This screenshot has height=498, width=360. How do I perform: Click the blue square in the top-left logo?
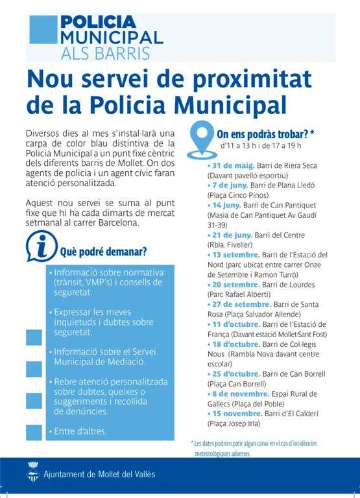pyautogui.click(x=43, y=29)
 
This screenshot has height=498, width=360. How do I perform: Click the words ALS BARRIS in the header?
pyautogui.click(x=106, y=53)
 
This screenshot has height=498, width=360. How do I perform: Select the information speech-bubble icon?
pyautogui.click(x=42, y=245)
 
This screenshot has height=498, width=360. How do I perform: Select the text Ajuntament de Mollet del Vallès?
pyautogui.click(x=99, y=475)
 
